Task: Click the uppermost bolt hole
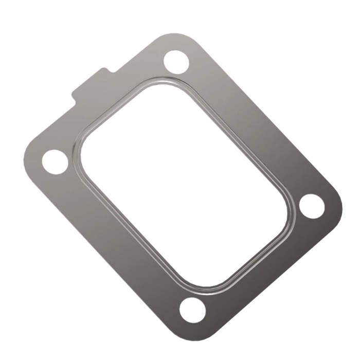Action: click(x=176, y=61)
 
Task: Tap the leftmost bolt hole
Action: click(x=55, y=161)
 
